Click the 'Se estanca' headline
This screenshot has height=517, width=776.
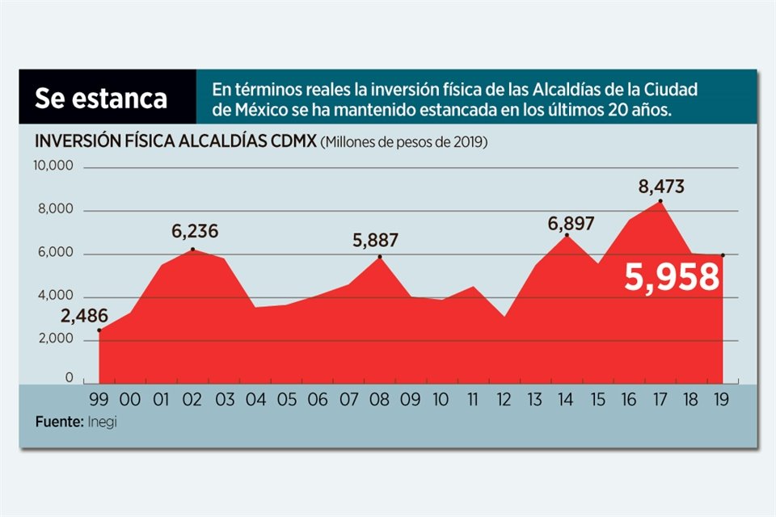point(101,98)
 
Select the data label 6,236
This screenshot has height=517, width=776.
point(194,232)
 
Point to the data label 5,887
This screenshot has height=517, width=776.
point(375,240)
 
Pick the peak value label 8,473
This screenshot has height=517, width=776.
point(660,187)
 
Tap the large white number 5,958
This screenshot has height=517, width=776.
point(671,277)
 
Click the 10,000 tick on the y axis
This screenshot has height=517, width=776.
point(53,166)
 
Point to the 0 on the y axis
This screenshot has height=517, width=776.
point(69,378)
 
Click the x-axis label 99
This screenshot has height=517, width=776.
point(99,399)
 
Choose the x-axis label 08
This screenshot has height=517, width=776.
point(379,399)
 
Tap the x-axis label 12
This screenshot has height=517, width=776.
point(504,399)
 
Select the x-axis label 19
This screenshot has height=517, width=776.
point(722,399)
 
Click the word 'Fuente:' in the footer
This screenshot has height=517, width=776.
point(58,422)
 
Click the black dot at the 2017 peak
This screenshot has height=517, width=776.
point(660,200)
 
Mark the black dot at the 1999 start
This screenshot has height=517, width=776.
point(99,330)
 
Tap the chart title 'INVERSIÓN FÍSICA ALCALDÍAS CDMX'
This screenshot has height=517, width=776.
point(175,141)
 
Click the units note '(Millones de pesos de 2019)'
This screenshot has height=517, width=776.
point(404,143)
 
